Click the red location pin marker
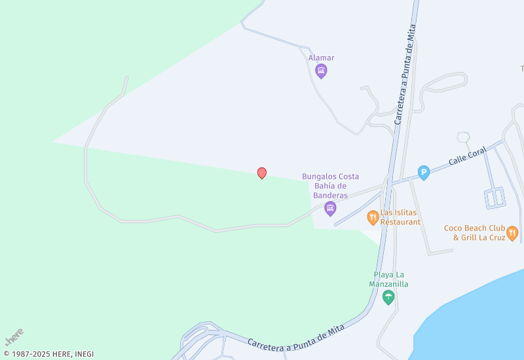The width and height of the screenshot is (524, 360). [262, 173]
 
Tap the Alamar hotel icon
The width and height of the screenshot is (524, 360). [321, 71]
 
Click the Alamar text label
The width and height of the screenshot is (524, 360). [321, 58]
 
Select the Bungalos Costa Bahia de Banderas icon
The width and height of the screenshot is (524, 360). [330, 209]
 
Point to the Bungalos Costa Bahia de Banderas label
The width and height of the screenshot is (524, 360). [330, 186]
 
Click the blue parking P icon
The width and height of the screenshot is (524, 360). [424, 173]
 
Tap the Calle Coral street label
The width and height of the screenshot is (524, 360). [467, 156]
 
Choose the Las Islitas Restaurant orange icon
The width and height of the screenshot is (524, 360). [373, 217]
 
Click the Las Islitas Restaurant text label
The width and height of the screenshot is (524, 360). [400, 217]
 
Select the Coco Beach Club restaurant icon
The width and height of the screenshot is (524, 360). [512, 233]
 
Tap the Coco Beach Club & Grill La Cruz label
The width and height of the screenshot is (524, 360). [475, 232]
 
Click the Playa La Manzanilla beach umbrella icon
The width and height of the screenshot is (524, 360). [388, 298]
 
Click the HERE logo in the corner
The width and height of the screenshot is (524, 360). [14, 336]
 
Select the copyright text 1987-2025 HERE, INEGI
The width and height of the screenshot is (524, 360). [48, 354]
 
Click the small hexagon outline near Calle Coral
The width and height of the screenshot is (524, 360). [463, 137]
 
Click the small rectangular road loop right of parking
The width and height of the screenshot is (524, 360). [495, 197]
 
